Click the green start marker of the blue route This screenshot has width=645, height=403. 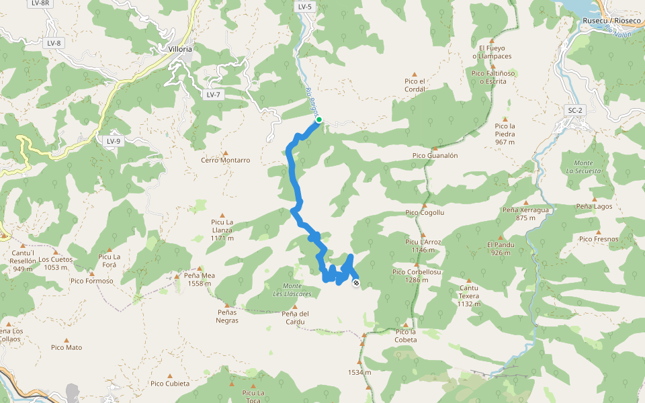319,120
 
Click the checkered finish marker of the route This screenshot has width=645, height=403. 355,283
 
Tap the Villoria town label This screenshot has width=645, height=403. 180,49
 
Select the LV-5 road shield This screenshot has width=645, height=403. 304,7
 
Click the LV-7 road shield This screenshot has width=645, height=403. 214,95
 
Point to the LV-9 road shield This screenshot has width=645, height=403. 113,141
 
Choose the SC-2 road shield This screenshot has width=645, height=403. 574,109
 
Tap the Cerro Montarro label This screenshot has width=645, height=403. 226,161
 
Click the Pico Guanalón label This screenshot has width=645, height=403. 435,155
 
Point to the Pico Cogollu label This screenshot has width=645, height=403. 425,213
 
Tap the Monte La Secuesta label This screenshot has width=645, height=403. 583,167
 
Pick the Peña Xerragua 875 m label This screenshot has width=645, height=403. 526,214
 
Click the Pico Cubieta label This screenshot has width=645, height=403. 170,384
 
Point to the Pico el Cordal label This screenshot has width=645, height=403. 415,85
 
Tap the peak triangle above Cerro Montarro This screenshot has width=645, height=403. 226,152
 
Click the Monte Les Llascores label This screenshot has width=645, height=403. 292,290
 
